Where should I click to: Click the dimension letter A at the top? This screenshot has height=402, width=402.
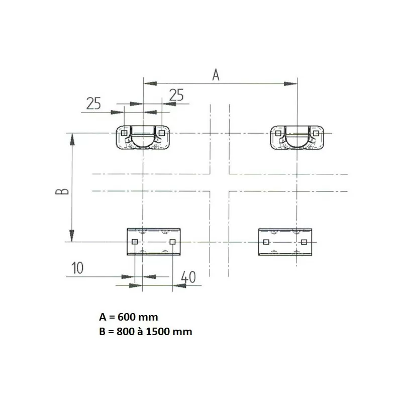click(216, 75)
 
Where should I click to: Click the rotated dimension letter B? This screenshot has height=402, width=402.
click(62, 191)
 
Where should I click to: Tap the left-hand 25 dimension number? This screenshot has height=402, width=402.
click(93, 104)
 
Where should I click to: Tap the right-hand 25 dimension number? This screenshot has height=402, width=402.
click(177, 95)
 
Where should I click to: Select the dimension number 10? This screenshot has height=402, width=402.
click(77, 268)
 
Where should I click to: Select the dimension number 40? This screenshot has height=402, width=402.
click(188, 277)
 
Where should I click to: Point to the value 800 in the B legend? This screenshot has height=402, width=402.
click(125, 332)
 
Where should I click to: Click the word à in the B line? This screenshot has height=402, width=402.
click(140, 331)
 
